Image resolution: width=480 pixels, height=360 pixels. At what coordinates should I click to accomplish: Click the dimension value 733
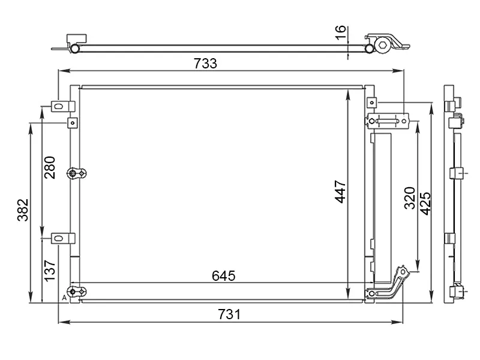pos(205,64)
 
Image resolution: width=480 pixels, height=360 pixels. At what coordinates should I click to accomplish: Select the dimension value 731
pos(229,314)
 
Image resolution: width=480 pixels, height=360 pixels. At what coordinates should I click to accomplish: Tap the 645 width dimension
pos(223,276)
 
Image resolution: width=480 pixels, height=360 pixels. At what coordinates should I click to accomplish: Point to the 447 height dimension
pos(340,191)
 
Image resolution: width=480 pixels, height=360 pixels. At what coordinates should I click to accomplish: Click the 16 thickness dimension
pos(340,32)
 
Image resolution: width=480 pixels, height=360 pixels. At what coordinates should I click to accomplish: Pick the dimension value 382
pos(23,210)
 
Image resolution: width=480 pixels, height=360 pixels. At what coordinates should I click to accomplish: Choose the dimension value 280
pos(50,167)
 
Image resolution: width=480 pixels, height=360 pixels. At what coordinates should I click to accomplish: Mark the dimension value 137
pos(50,271)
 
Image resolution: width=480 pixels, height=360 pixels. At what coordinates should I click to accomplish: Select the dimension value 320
pos(410,198)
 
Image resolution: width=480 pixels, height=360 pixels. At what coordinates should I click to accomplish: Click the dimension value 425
pos(425,203)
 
